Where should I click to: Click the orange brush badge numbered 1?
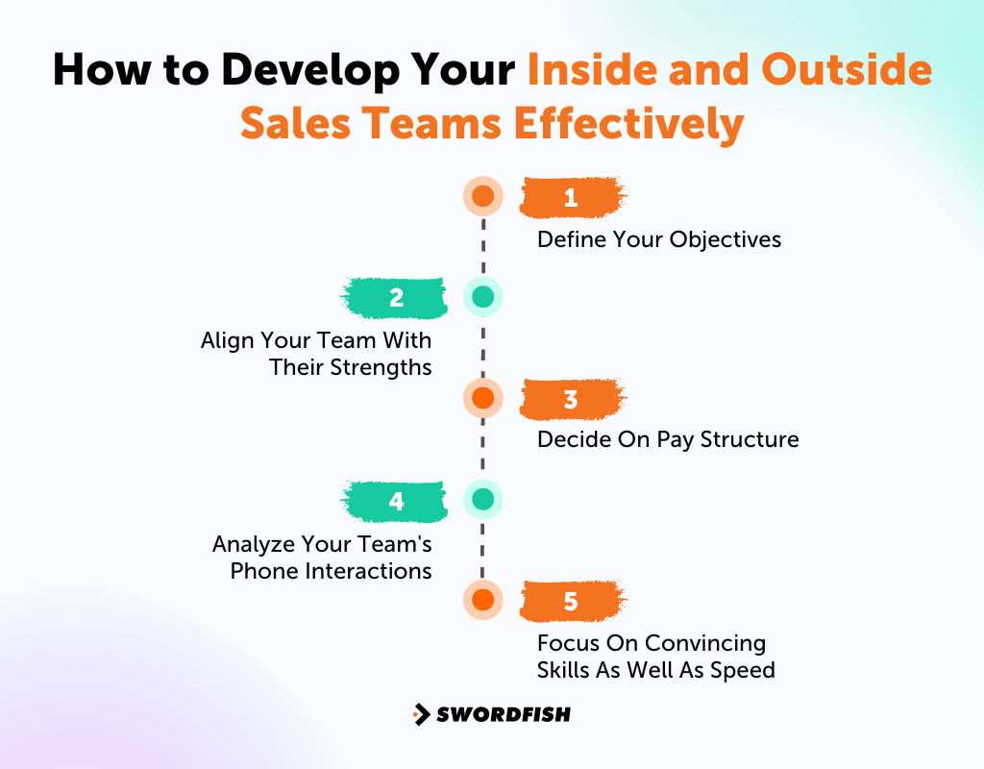click(572, 198)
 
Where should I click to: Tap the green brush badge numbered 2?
click(395, 298)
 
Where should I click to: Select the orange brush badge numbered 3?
click(572, 399)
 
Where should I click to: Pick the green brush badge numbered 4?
click(395, 501)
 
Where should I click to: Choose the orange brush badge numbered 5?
click(572, 602)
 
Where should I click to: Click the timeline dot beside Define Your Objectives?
click(482, 197)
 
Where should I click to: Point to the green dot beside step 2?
click(482, 297)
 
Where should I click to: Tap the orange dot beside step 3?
click(482, 397)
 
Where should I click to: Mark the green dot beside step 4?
click(482, 499)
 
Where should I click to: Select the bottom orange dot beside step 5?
click(482, 600)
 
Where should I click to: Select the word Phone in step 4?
click(262, 571)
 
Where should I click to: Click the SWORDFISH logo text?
click(504, 714)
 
